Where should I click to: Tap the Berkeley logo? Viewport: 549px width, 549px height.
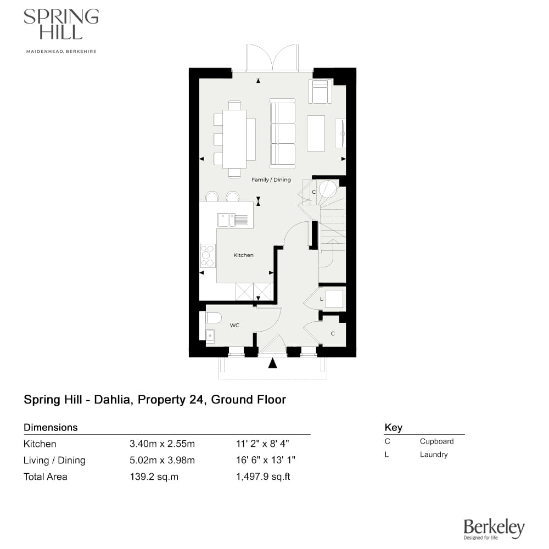pos(494,528)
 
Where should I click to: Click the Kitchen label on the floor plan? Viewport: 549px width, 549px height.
pos(243,255)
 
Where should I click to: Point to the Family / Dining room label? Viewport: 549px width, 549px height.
pos(271,180)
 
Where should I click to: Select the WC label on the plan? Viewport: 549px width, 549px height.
pos(234,326)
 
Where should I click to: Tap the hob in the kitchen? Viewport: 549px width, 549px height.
pos(208,256)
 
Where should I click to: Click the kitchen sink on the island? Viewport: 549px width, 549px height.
pos(225,220)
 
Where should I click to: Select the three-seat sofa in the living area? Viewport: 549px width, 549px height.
pos(282,133)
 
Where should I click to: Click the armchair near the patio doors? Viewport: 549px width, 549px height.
pos(320,91)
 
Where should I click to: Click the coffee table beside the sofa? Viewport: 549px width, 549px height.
pos(316,133)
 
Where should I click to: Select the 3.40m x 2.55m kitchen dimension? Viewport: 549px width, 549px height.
pos(162,444)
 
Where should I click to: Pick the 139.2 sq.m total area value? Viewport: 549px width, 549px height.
pos(154,477)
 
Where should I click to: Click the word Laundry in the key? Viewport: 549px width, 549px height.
pos(433,455)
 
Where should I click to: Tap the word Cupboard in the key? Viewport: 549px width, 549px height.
pos(436,441)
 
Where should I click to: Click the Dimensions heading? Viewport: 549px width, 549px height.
pos(51,428)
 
